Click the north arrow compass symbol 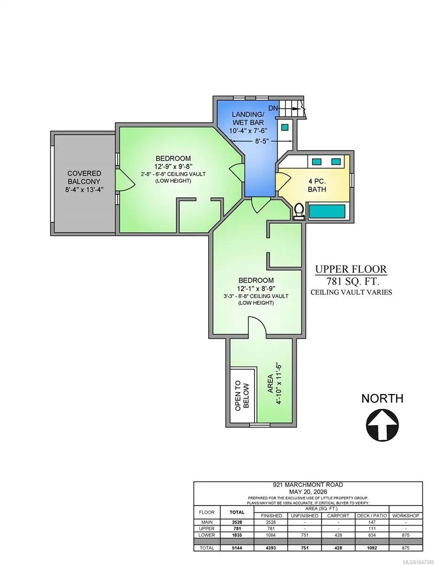[382, 425]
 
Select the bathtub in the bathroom [327, 211]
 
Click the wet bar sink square [285, 127]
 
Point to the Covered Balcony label [84, 181]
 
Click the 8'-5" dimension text [261, 141]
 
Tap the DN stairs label [273, 108]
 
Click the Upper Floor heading [351, 269]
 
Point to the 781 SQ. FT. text [351, 281]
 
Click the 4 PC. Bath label [317, 185]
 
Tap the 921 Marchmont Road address [308, 485]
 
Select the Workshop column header [405, 516]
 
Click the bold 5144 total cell [237, 548]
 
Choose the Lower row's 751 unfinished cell [305, 535]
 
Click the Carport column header [338, 516]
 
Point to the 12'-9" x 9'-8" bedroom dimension [173, 166]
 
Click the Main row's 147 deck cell [372, 522]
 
